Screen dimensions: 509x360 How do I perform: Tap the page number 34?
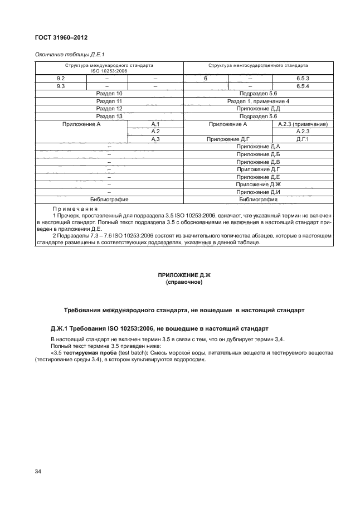point(38,472)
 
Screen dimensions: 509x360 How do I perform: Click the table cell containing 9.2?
point(61,79)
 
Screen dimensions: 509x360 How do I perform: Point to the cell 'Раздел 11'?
point(109,101)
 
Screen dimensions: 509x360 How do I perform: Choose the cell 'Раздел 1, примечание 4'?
point(258,101)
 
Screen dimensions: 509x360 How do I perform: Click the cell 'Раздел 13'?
point(109,117)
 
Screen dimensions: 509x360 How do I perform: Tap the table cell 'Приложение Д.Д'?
point(258,109)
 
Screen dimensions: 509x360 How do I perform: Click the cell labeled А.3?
point(155,139)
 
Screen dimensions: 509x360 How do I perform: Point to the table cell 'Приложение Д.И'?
point(258,191)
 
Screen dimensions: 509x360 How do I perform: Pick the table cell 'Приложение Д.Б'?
point(258,154)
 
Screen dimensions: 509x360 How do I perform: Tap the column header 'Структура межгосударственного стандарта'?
point(258,65)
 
